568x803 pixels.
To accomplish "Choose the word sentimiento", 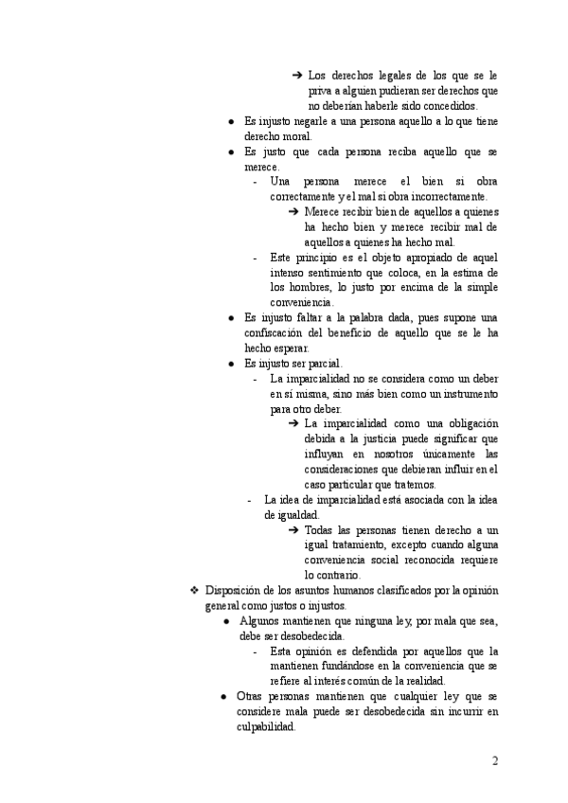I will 354,273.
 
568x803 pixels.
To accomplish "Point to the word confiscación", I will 280,333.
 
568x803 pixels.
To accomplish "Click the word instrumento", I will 462,394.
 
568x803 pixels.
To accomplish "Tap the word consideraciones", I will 347,470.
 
